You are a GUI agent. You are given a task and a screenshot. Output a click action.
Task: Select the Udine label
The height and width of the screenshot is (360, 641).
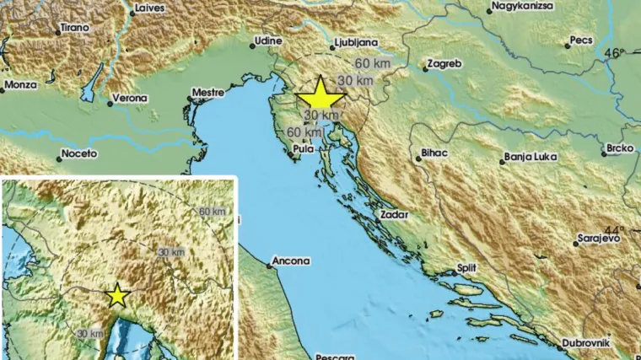coord(269,40)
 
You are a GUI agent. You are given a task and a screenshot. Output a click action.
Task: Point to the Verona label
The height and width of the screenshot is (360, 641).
coord(130,98)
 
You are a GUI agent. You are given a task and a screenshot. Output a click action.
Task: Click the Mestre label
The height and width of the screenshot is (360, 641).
coord(207,90)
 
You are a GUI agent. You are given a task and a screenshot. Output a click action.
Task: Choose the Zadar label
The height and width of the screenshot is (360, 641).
coord(395,214)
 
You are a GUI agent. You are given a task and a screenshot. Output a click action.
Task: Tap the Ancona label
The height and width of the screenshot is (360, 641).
coord(291,261)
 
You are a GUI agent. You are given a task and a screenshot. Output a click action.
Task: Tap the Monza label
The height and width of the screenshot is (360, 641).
coord(20,84)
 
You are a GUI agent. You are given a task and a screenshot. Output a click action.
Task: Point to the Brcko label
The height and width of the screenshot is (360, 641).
coord(619,149)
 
